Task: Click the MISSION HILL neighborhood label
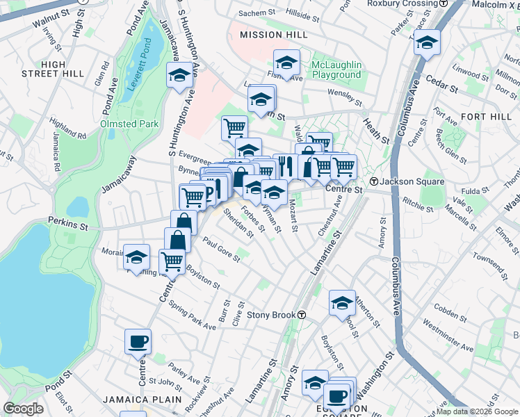tap(274, 35)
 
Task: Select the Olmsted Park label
tap(129, 124)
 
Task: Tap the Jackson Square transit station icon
tap(373, 181)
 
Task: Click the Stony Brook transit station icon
tap(302, 315)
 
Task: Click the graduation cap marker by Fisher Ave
tap(286, 63)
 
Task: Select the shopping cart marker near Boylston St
tap(172, 261)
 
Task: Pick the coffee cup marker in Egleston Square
tap(338, 395)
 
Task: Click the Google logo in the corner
tap(24, 409)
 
